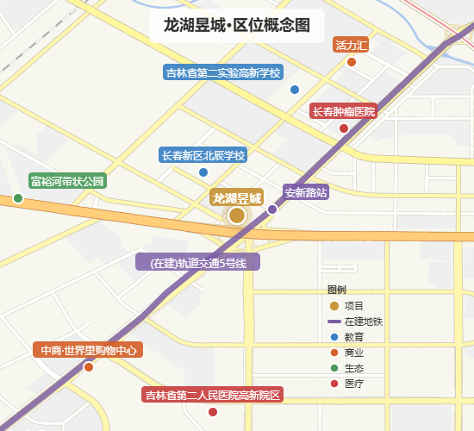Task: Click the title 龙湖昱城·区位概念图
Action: tap(236, 25)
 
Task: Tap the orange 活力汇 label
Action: tap(352, 45)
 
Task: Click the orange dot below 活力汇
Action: tap(352, 61)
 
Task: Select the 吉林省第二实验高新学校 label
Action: tap(224, 72)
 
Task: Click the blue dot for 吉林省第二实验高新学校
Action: tap(295, 89)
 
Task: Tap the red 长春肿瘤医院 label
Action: tap(344, 112)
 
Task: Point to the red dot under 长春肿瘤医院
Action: tap(344, 128)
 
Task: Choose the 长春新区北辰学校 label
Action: tap(203, 155)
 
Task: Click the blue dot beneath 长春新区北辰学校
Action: tap(203, 172)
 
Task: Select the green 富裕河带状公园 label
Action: tap(66, 181)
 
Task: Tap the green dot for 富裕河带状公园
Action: tap(18, 198)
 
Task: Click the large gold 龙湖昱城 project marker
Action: tap(236, 215)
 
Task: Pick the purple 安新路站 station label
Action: tap(306, 192)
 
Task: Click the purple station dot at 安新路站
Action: tap(272, 209)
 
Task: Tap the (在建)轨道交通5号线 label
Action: tap(198, 263)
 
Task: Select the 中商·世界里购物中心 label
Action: tap(88, 351)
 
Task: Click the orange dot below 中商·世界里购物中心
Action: tap(88, 367)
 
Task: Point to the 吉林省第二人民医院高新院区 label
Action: tap(213, 396)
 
